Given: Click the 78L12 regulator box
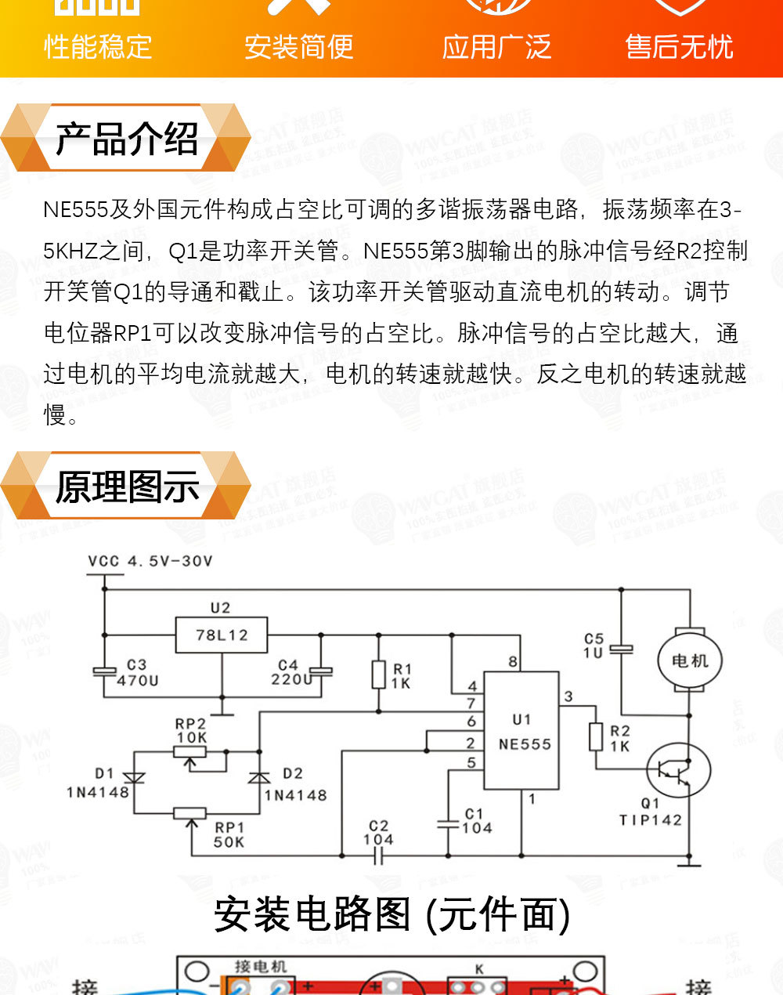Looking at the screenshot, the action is pyautogui.click(x=221, y=635).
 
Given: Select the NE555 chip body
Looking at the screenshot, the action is pyautogui.click(x=521, y=730).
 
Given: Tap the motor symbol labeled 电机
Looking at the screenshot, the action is pyautogui.click(x=690, y=660).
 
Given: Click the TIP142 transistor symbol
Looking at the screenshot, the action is pyautogui.click(x=679, y=770).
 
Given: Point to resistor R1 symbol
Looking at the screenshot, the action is pyautogui.click(x=379, y=675).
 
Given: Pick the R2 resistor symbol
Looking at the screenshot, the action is pyautogui.click(x=596, y=737).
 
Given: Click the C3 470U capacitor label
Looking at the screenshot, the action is pyautogui.click(x=137, y=673).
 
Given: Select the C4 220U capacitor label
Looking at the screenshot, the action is pyautogui.click(x=290, y=672).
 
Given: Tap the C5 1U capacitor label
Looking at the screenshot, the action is pyautogui.click(x=594, y=646).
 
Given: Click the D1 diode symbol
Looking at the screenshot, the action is pyautogui.click(x=134, y=777).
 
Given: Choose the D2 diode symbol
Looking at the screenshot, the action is pyautogui.click(x=258, y=777).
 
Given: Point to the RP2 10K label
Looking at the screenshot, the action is pyautogui.click(x=190, y=730).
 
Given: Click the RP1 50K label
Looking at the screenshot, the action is pyautogui.click(x=229, y=834).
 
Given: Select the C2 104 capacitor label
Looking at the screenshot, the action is pyautogui.click(x=378, y=832).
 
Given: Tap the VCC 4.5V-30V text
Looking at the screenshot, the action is pyautogui.click(x=150, y=561).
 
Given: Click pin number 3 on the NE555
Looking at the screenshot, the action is pyautogui.click(x=568, y=696).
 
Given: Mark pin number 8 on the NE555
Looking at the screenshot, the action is pyautogui.click(x=513, y=662).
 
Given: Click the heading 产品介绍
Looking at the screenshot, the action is pyautogui.click(x=127, y=139).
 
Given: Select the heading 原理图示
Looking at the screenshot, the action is pyautogui.click(x=127, y=487).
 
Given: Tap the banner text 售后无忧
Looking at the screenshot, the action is pyautogui.click(x=679, y=47).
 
